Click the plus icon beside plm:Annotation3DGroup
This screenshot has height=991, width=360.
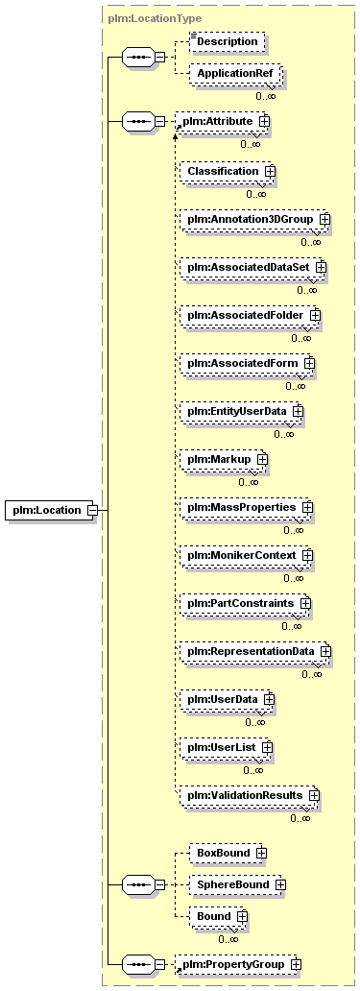click(x=325, y=219)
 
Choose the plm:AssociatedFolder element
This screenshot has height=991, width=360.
click(x=250, y=315)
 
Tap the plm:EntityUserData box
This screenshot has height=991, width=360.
click(x=241, y=411)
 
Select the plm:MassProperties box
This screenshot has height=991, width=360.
click(x=246, y=507)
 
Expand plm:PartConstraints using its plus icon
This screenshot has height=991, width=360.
click(x=305, y=603)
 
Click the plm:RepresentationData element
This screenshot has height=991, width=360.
click(x=254, y=651)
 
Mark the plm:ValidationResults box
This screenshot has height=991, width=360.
click(x=249, y=795)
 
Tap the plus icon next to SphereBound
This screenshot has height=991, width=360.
click(x=280, y=884)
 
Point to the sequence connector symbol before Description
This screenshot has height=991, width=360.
click(x=137, y=58)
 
